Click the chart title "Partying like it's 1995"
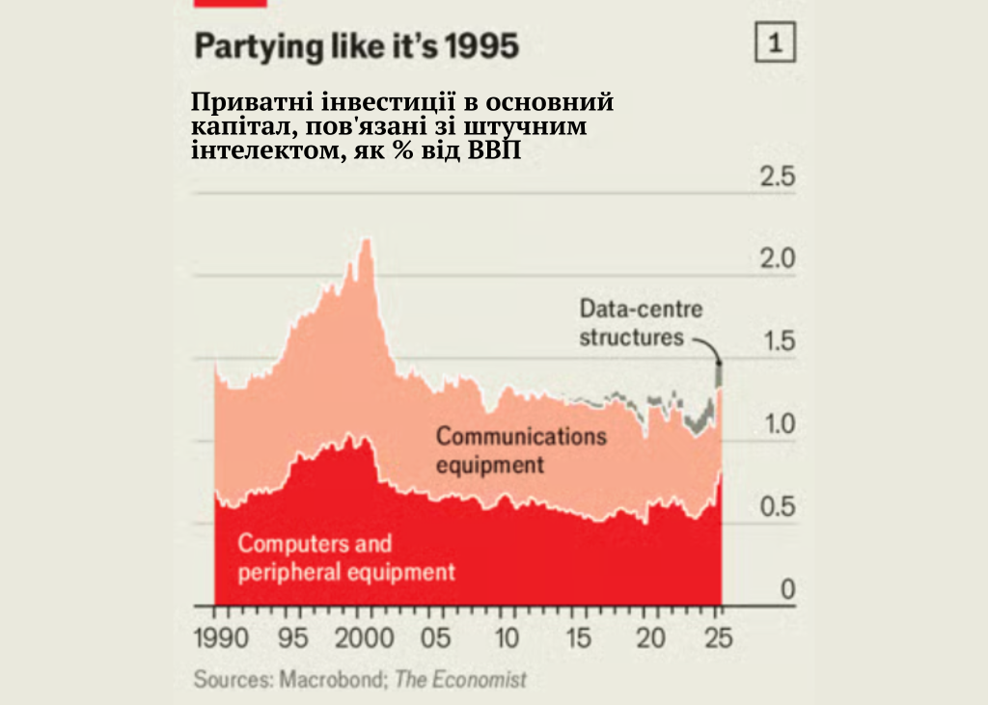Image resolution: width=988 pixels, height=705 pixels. [357, 45]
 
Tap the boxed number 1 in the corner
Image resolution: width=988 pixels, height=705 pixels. [776, 43]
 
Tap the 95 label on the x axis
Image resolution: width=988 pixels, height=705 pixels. [295, 638]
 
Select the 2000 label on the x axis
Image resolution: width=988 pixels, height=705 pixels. [366, 638]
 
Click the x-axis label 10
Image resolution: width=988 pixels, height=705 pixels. [507, 638]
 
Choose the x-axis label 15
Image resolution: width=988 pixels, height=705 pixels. [578, 638]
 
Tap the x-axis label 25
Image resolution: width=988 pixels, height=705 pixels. [719, 638]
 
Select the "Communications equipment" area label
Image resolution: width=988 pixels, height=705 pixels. [521, 449]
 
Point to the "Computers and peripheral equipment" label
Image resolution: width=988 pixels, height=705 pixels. [346, 557]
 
